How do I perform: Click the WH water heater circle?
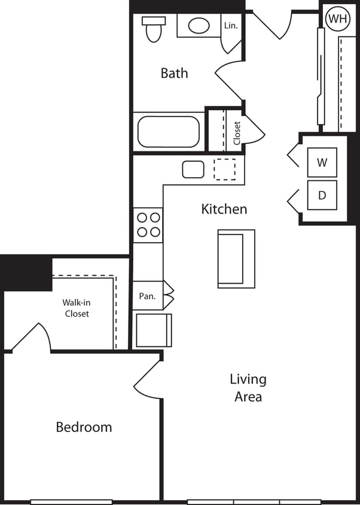[337, 19]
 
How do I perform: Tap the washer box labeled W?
[322, 162]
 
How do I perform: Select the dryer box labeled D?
[322, 195]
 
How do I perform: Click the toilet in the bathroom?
[154, 29]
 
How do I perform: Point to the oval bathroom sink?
[199, 26]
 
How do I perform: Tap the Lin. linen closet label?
[231, 26]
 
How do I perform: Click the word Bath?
[174, 73]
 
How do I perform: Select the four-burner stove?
[148, 225]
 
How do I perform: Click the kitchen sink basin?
[193, 169]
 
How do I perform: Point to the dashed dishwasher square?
[225, 169]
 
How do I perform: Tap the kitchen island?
[236, 257]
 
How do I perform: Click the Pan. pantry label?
[147, 296]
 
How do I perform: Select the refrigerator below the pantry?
[154, 330]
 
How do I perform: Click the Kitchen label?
[224, 209]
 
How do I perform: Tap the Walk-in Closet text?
[77, 308]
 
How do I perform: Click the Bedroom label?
[84, 427]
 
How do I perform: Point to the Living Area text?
[248, 388]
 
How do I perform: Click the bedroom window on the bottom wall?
[71, 502]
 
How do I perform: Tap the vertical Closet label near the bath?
[237, 133]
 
